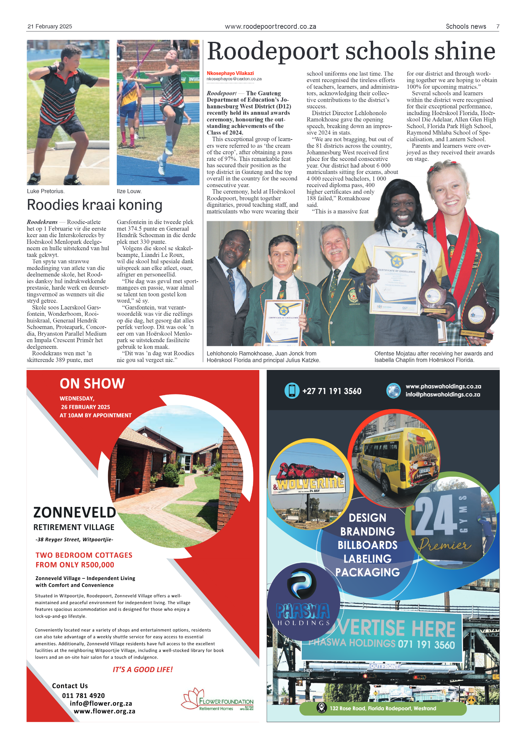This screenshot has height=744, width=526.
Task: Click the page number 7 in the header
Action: pyautogui.click(x=498, y=26)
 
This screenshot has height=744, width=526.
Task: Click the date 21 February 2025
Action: pyautogui.click(x=50, y=26)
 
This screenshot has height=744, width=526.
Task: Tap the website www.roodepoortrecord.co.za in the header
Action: pyautogui.click(x=270, y=26)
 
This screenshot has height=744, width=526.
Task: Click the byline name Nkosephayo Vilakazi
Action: pyautogui.click(x=230, y=73)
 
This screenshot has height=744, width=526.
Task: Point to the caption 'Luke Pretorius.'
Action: pyautogui.click(x=46, y=191)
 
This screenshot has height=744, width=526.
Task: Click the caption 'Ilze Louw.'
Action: pyautogui.click(x=129, y=191)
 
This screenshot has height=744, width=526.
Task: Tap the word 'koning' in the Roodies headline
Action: pyautogui.click(x=141, y=205)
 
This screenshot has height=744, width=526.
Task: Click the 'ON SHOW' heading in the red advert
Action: pyautogui.click(x=92, y=384)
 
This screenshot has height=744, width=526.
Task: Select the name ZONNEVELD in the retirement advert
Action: pyautogui.click(x=75, y=513)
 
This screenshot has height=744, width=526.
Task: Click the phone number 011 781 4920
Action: pyautogui.click(x=83, y=695)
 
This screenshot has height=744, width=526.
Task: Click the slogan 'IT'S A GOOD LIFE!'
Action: pyautogui.click(x=143, y=669)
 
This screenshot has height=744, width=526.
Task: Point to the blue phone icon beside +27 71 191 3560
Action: pyautogui.click(x=292, y=391)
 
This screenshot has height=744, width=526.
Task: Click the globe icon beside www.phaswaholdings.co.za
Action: pyautogui.click(x=393, y=390)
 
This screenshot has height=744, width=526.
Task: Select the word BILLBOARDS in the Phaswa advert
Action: pyautogui.click(x=367, y=545)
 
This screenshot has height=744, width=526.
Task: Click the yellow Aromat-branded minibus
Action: pyautogui.click(x=395, y=458)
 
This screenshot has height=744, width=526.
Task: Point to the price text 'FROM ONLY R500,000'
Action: pyautogui.click(x=75, y=565)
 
